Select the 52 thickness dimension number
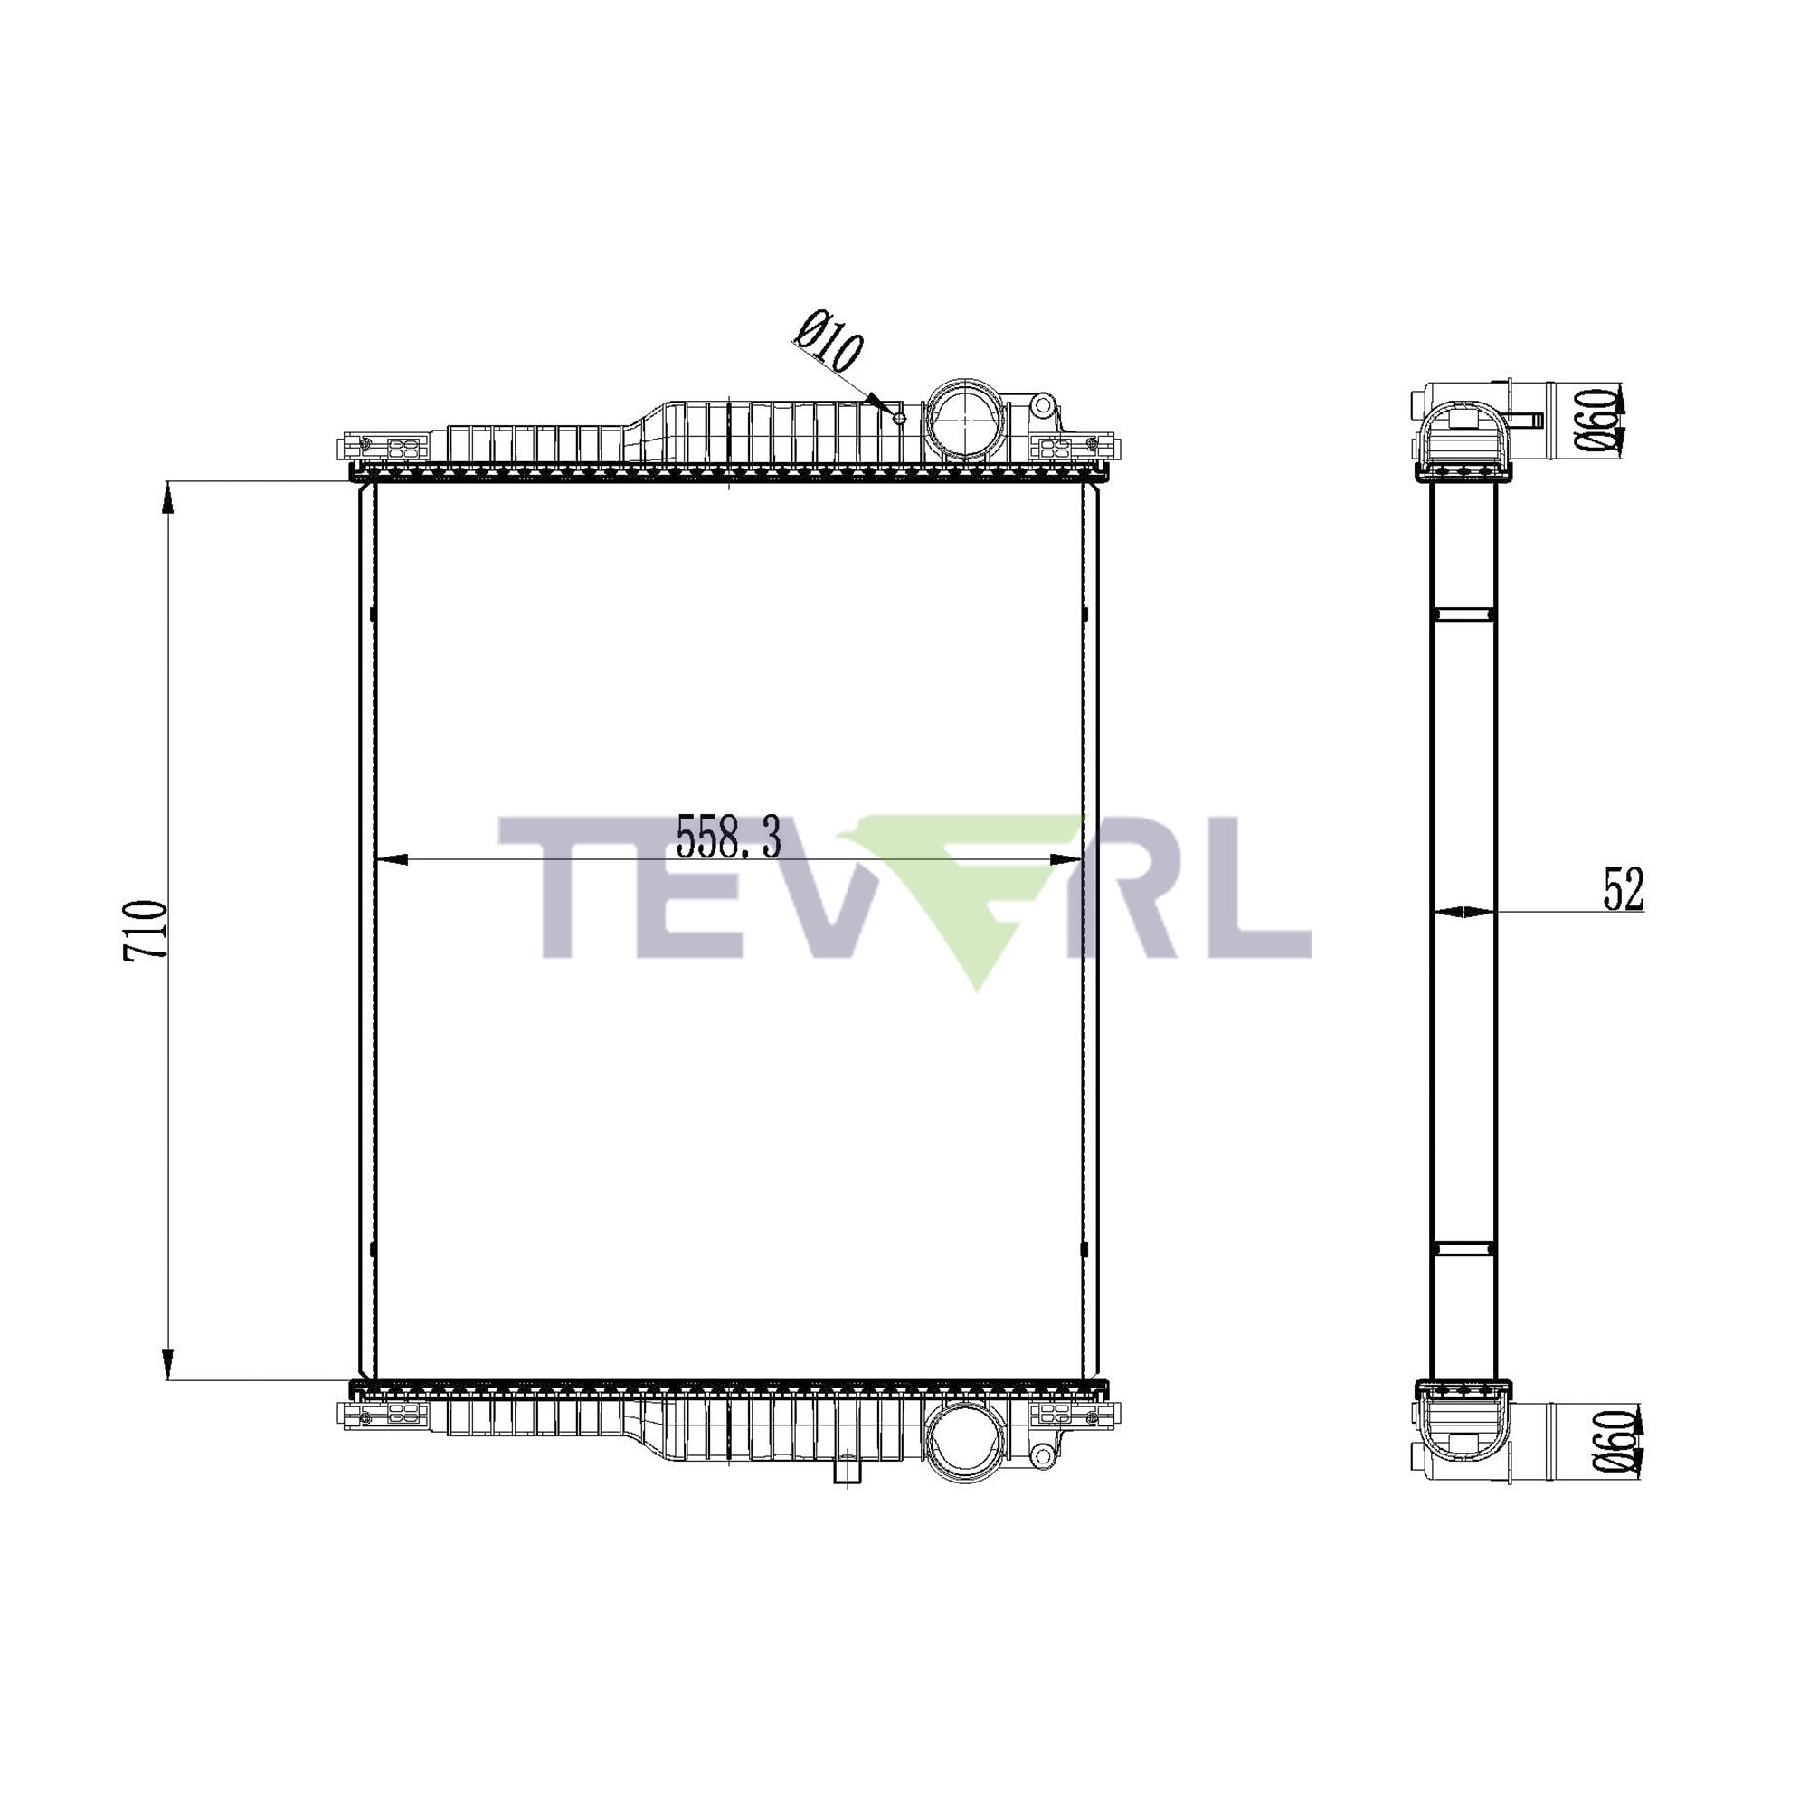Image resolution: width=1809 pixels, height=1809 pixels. [x=1623, y=888]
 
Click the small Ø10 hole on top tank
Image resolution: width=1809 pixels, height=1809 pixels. [x=899, y=418]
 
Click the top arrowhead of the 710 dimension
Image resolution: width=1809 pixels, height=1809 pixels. [x=167, y=497]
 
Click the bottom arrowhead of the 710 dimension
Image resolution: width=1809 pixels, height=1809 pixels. [x=167, y=1363]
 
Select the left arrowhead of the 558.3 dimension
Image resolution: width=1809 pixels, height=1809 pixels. [x=390, y=859]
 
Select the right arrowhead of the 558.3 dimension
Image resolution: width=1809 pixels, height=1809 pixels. [x=1066, y=859]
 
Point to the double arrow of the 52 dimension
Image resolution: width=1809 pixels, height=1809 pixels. [x=1463, y=911]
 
